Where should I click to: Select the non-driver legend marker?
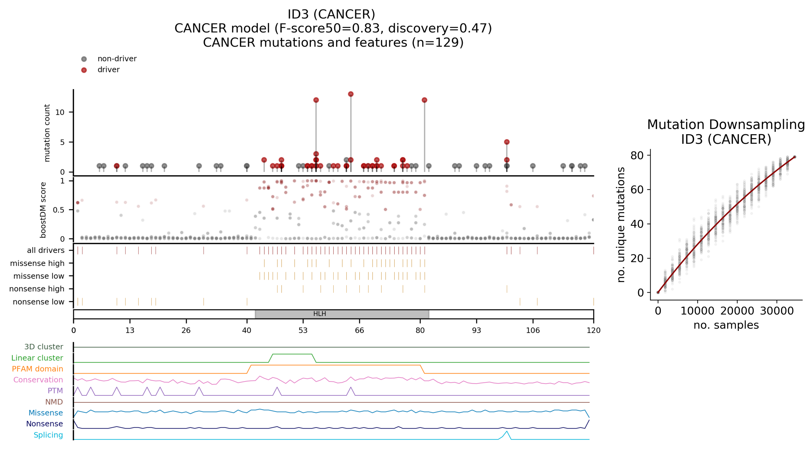pyautogui.click(x=84, y=59)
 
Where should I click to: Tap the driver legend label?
pyautogui.click(x=108, y=70)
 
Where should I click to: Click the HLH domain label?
pyautogui.click(x=319, y=314)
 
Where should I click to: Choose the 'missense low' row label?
pyautogui.click(x=39, y=276)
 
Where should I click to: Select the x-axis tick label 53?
pyautogui.click(x=303, y=330)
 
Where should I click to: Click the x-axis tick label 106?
pyautogui.click(x=533, y=330)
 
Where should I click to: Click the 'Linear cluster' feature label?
pyautogui.click(x=37, y=358)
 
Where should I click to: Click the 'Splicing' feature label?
pyautogui.click(x=48, y=435)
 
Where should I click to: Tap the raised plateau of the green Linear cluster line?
pyautogui.click(x=292, y=354)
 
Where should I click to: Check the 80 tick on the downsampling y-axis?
pyautogui.click(x=636, y=155)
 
